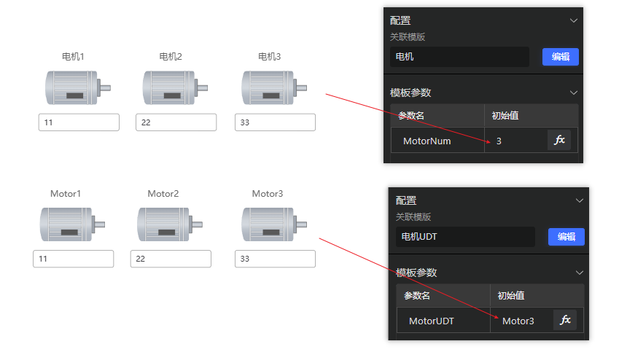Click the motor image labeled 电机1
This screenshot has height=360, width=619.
(x=78, y=87)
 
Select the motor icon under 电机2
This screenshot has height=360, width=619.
(x=175, y=87)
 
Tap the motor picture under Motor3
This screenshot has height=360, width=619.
(x=274, y=224)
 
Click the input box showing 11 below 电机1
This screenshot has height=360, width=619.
(x=79, y=122)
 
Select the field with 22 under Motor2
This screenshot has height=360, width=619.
(x=171, y=259)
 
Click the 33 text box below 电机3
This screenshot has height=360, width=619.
(x=275, y=122)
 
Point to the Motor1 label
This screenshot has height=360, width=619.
(x=66, y=194)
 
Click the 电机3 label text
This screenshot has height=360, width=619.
(x=269, y=57)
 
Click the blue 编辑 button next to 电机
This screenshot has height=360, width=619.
(x=561, y=57)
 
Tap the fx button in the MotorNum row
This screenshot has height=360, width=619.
(x=559, y=140)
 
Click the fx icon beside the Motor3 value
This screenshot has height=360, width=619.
(x=565, y=320)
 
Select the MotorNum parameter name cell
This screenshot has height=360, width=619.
(x=437, y=140)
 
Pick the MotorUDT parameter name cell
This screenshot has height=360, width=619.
(x=443, y=321)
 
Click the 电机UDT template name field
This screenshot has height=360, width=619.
(x=465, y=237)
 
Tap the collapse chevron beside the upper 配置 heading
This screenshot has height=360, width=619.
(x=574, y=20)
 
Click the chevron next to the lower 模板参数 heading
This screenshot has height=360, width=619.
(x=580, y=273)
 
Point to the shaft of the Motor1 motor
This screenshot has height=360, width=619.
(x=98, y=224)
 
